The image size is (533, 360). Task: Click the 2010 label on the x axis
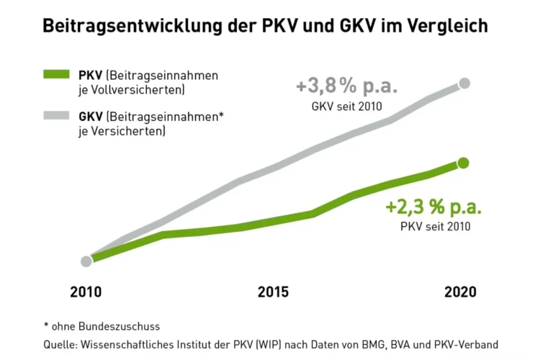pyautogui.click(x=86, y=292)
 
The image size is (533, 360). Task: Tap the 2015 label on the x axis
pyautogui.click(x=273, y=292)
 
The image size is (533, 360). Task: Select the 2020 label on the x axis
pyautogui.click(x=460, y=292)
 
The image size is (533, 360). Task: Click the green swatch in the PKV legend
pyautogui.click(x=56, y=75)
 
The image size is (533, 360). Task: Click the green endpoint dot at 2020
pyautogui.click(x=463, y=163)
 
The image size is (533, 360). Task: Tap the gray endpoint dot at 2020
pyautogui.click(x=465, y=84)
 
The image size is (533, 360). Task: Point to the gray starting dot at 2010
pyautogui.click(x=86, y=261)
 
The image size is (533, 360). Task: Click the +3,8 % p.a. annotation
pyautogui.click(x=346, y=88)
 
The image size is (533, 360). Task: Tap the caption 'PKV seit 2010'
pyautogui.click(x=435, y=226)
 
